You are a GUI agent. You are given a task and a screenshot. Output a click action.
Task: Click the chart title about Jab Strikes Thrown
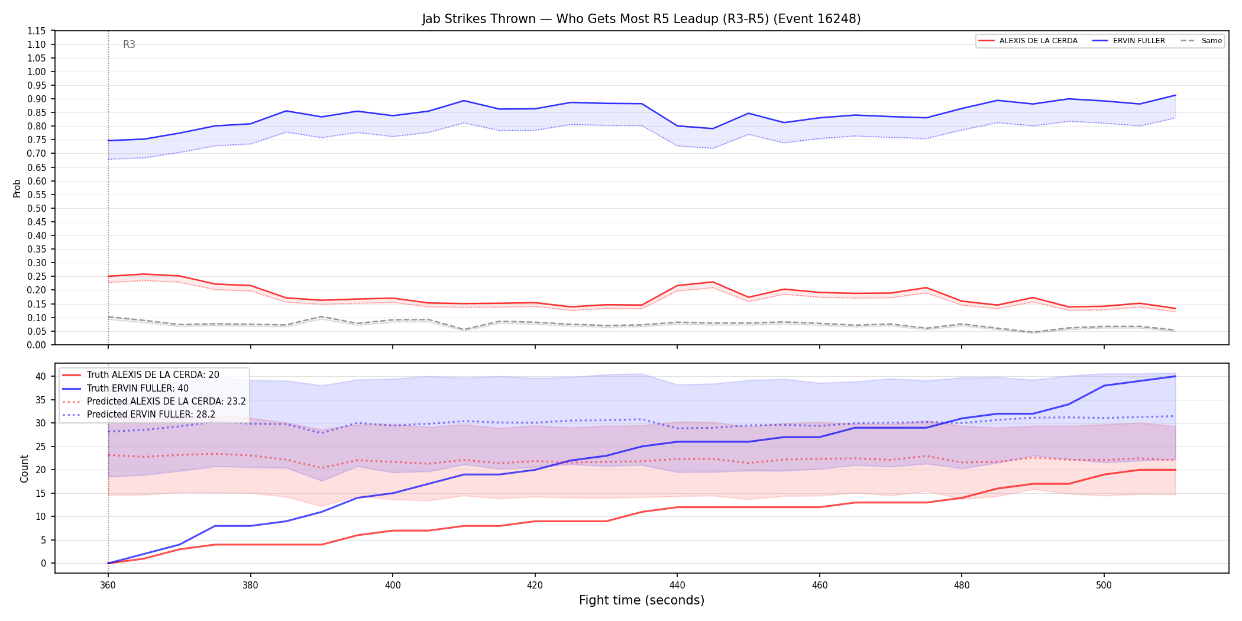(x=641, y=19)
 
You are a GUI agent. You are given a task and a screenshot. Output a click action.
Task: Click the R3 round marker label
(x=129, y=44)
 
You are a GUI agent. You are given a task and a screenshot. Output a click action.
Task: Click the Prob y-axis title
(x=17, y=188)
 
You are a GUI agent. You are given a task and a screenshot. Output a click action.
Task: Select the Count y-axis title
(x=24, y=468)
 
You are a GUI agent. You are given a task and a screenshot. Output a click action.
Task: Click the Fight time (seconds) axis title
(x=642, y=600)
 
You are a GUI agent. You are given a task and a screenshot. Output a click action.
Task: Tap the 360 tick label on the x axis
(x=108, y=586)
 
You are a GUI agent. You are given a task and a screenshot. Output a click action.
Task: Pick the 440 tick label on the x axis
(x=677, y=586)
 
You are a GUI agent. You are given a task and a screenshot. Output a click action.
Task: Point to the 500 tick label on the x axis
(x=1104, y=586)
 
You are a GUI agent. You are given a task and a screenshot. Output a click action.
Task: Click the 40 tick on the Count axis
(x=40, y=376)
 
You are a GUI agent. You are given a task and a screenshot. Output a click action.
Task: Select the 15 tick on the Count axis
(x=40, y=493)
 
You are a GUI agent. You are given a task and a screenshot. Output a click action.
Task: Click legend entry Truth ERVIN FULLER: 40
(x=138, y=388)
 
